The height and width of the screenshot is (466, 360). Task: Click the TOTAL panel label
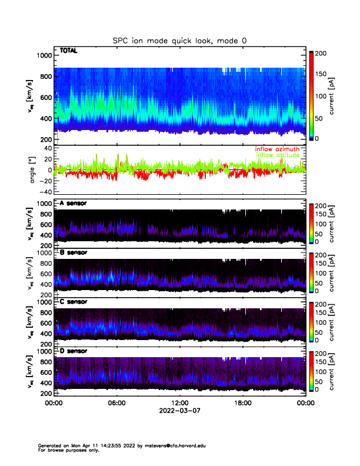click(x=68, y=51)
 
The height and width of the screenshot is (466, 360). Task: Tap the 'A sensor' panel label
click(x=74, y=204)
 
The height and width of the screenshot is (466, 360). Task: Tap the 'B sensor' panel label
click(x=74, y=252)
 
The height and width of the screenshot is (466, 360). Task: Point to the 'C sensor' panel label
click(x=74, y=302)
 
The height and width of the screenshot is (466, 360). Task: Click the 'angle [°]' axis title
click(x=33, y=169)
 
